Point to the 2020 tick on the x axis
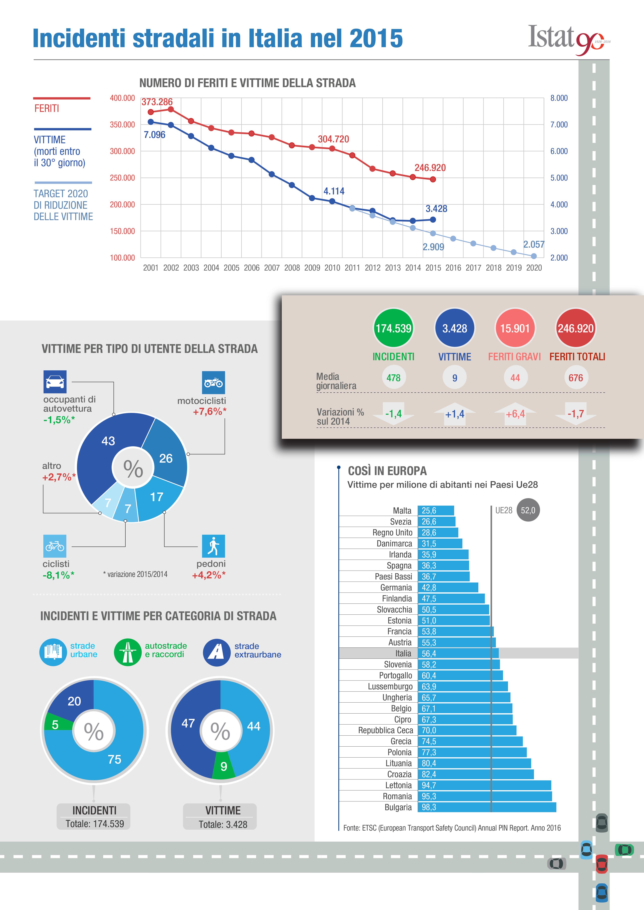(534, 268)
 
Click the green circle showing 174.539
(393, 328)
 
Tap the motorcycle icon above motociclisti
(213, 382)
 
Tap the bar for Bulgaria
(487, 807)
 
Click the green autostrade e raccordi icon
(128, 652)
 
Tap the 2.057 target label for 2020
(533, 245)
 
